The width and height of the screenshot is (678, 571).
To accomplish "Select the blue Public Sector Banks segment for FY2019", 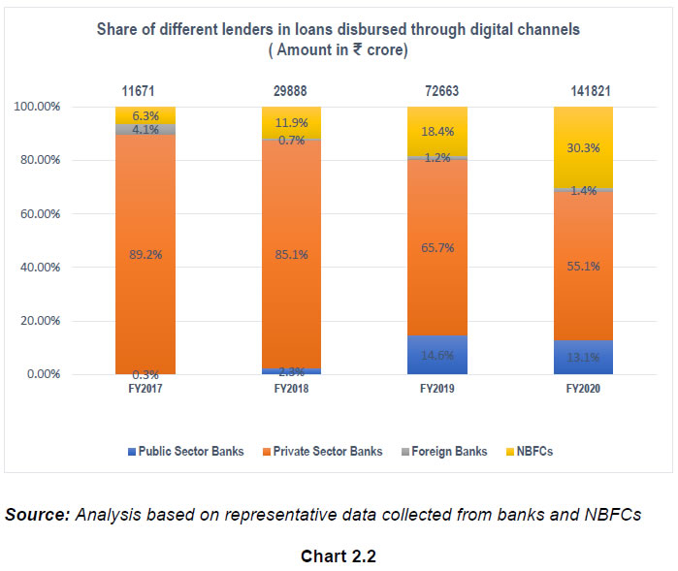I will pyautogui.click(x=436, y=355).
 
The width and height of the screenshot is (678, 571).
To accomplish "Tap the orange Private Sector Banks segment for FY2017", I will pyautogui.click(x=145, y=254).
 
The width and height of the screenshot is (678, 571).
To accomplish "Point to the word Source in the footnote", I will pyautogui.click(x=36, y=513).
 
